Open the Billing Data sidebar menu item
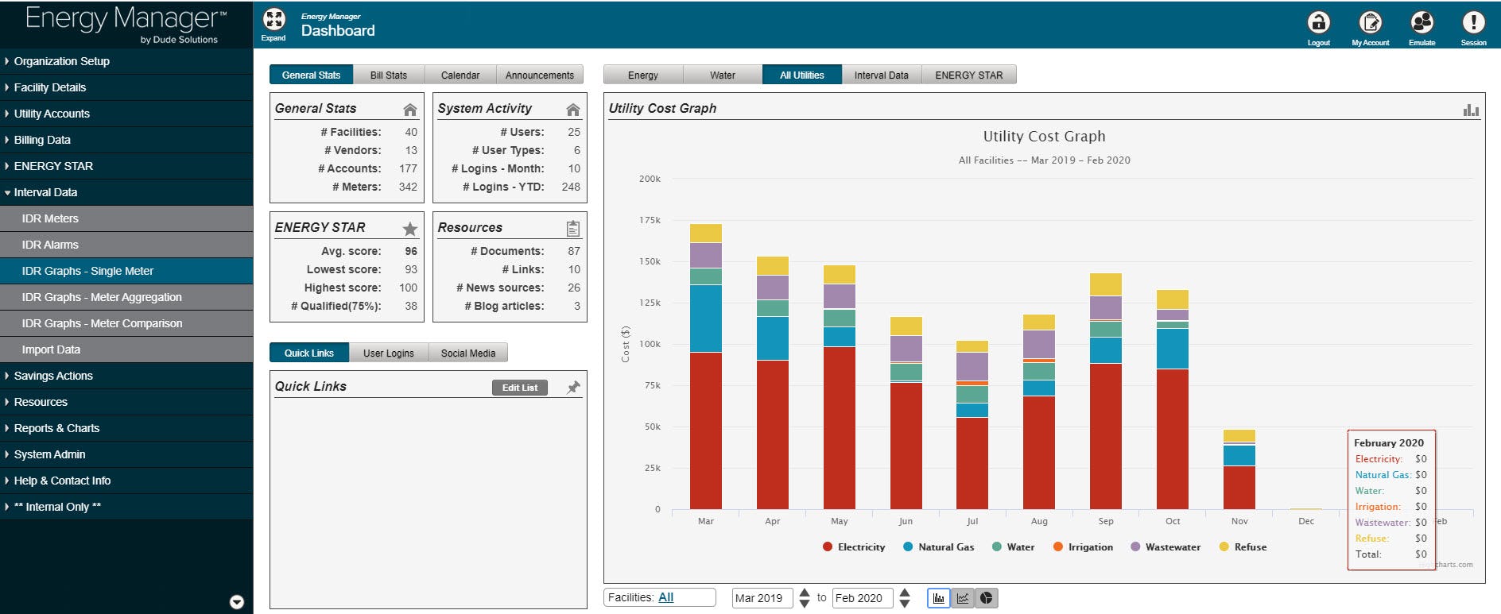[42, 140]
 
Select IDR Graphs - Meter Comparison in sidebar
[102, 323]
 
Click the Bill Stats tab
[388, 75]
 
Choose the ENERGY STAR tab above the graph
[968, 75]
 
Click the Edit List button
[519, 388]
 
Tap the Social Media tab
[467, 353]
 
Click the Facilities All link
[665, 597]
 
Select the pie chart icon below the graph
[986, 598]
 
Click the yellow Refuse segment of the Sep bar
[1105, 284]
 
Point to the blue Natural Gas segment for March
[705, 318]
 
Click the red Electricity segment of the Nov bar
[1239, 487]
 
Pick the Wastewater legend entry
[1172, 546]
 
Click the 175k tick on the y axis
[650, 220]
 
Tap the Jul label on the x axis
[972, 521]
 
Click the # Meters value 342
[408, 187]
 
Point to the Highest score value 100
[408, 288]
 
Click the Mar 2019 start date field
[761, 598]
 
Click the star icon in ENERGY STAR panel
[409, 229]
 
